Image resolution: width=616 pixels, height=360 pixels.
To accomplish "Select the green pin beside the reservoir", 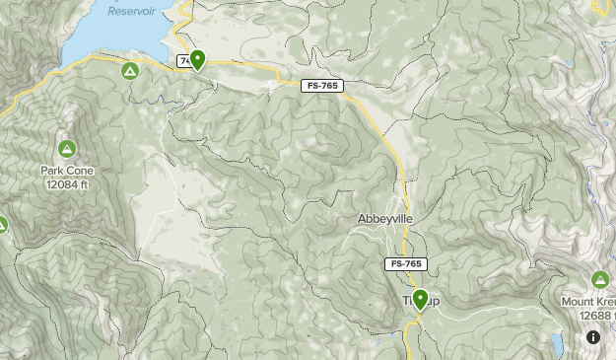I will click(x=197, y=60).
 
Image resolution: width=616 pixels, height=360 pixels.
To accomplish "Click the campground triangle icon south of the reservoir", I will click(x=129, y=72).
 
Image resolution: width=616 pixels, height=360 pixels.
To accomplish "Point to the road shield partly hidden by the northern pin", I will click(x=183, y=61).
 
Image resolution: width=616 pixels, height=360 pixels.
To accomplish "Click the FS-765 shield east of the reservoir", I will click(x=318, y=87).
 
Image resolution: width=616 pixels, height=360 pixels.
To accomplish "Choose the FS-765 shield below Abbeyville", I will click(x=405, y=264).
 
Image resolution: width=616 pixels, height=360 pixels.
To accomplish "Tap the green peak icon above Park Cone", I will click(x=67, y=150).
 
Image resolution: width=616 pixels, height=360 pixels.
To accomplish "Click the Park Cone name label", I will click(x=67, y=171).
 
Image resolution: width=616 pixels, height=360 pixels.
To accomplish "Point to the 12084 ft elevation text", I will click(x=67, y=183).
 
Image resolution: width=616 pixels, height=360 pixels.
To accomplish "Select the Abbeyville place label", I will click(x=385, y=219).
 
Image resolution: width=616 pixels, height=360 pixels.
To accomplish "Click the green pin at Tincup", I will click(x=420, y=299).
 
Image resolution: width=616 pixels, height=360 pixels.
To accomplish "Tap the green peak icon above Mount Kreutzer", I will click(x=601, y=280).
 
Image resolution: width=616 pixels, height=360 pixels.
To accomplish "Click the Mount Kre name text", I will click(x=588, y=301).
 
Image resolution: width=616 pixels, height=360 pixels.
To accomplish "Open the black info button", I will click(x=593, y=337).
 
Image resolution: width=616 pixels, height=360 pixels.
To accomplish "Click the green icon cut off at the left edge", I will click(x=2, y=225).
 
